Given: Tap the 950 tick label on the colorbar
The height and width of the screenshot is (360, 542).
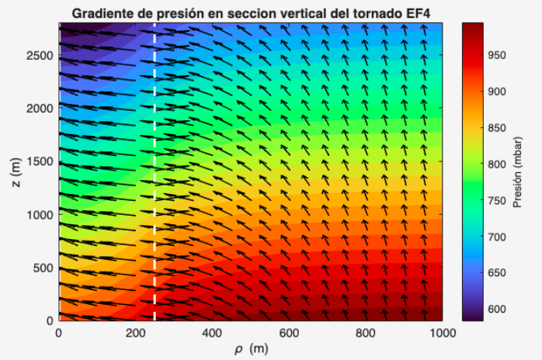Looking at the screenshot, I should tap(497, 55).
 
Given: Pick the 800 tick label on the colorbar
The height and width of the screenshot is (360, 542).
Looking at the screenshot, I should tap(497, 164).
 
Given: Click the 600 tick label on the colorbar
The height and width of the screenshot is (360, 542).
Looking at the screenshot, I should tap(497, 310).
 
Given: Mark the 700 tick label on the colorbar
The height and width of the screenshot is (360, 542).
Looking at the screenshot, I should tap(497, 237).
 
